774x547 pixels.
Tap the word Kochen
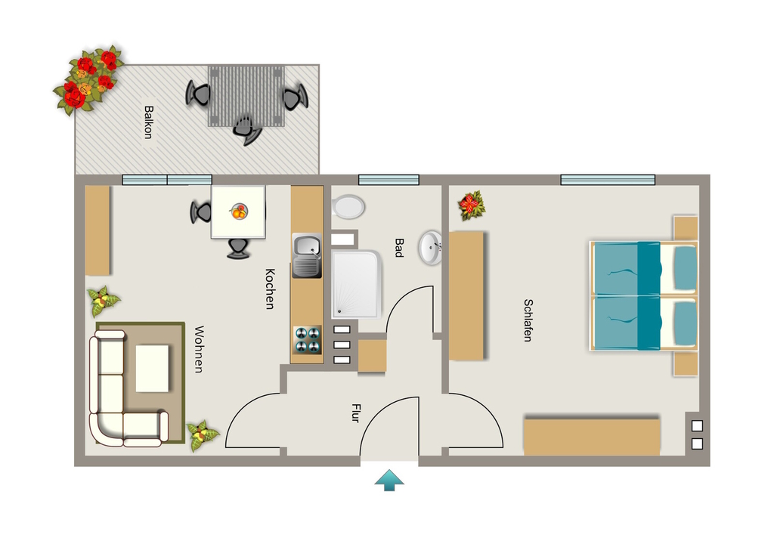(270, 289)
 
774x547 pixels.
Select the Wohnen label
(199, 349)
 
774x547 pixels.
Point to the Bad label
(399, 248)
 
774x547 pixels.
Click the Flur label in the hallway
(355, 413)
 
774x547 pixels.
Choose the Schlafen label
(528, 320)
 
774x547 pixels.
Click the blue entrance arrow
(389, 480)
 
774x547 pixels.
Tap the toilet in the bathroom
(348, 207)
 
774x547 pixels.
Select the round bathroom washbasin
(430, 248)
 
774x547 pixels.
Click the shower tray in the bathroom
(356, 284)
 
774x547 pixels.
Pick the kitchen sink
(307, 255)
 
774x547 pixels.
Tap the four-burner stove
(307, 340)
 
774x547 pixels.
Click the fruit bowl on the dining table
(238, 212)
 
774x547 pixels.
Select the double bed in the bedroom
(644, 296)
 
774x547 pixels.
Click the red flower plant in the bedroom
(472, 206)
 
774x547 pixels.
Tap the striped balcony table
(247, 96)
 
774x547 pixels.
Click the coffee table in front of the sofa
(152, 369)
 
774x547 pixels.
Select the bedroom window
(608, 180)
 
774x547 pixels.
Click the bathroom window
(389, 180)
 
